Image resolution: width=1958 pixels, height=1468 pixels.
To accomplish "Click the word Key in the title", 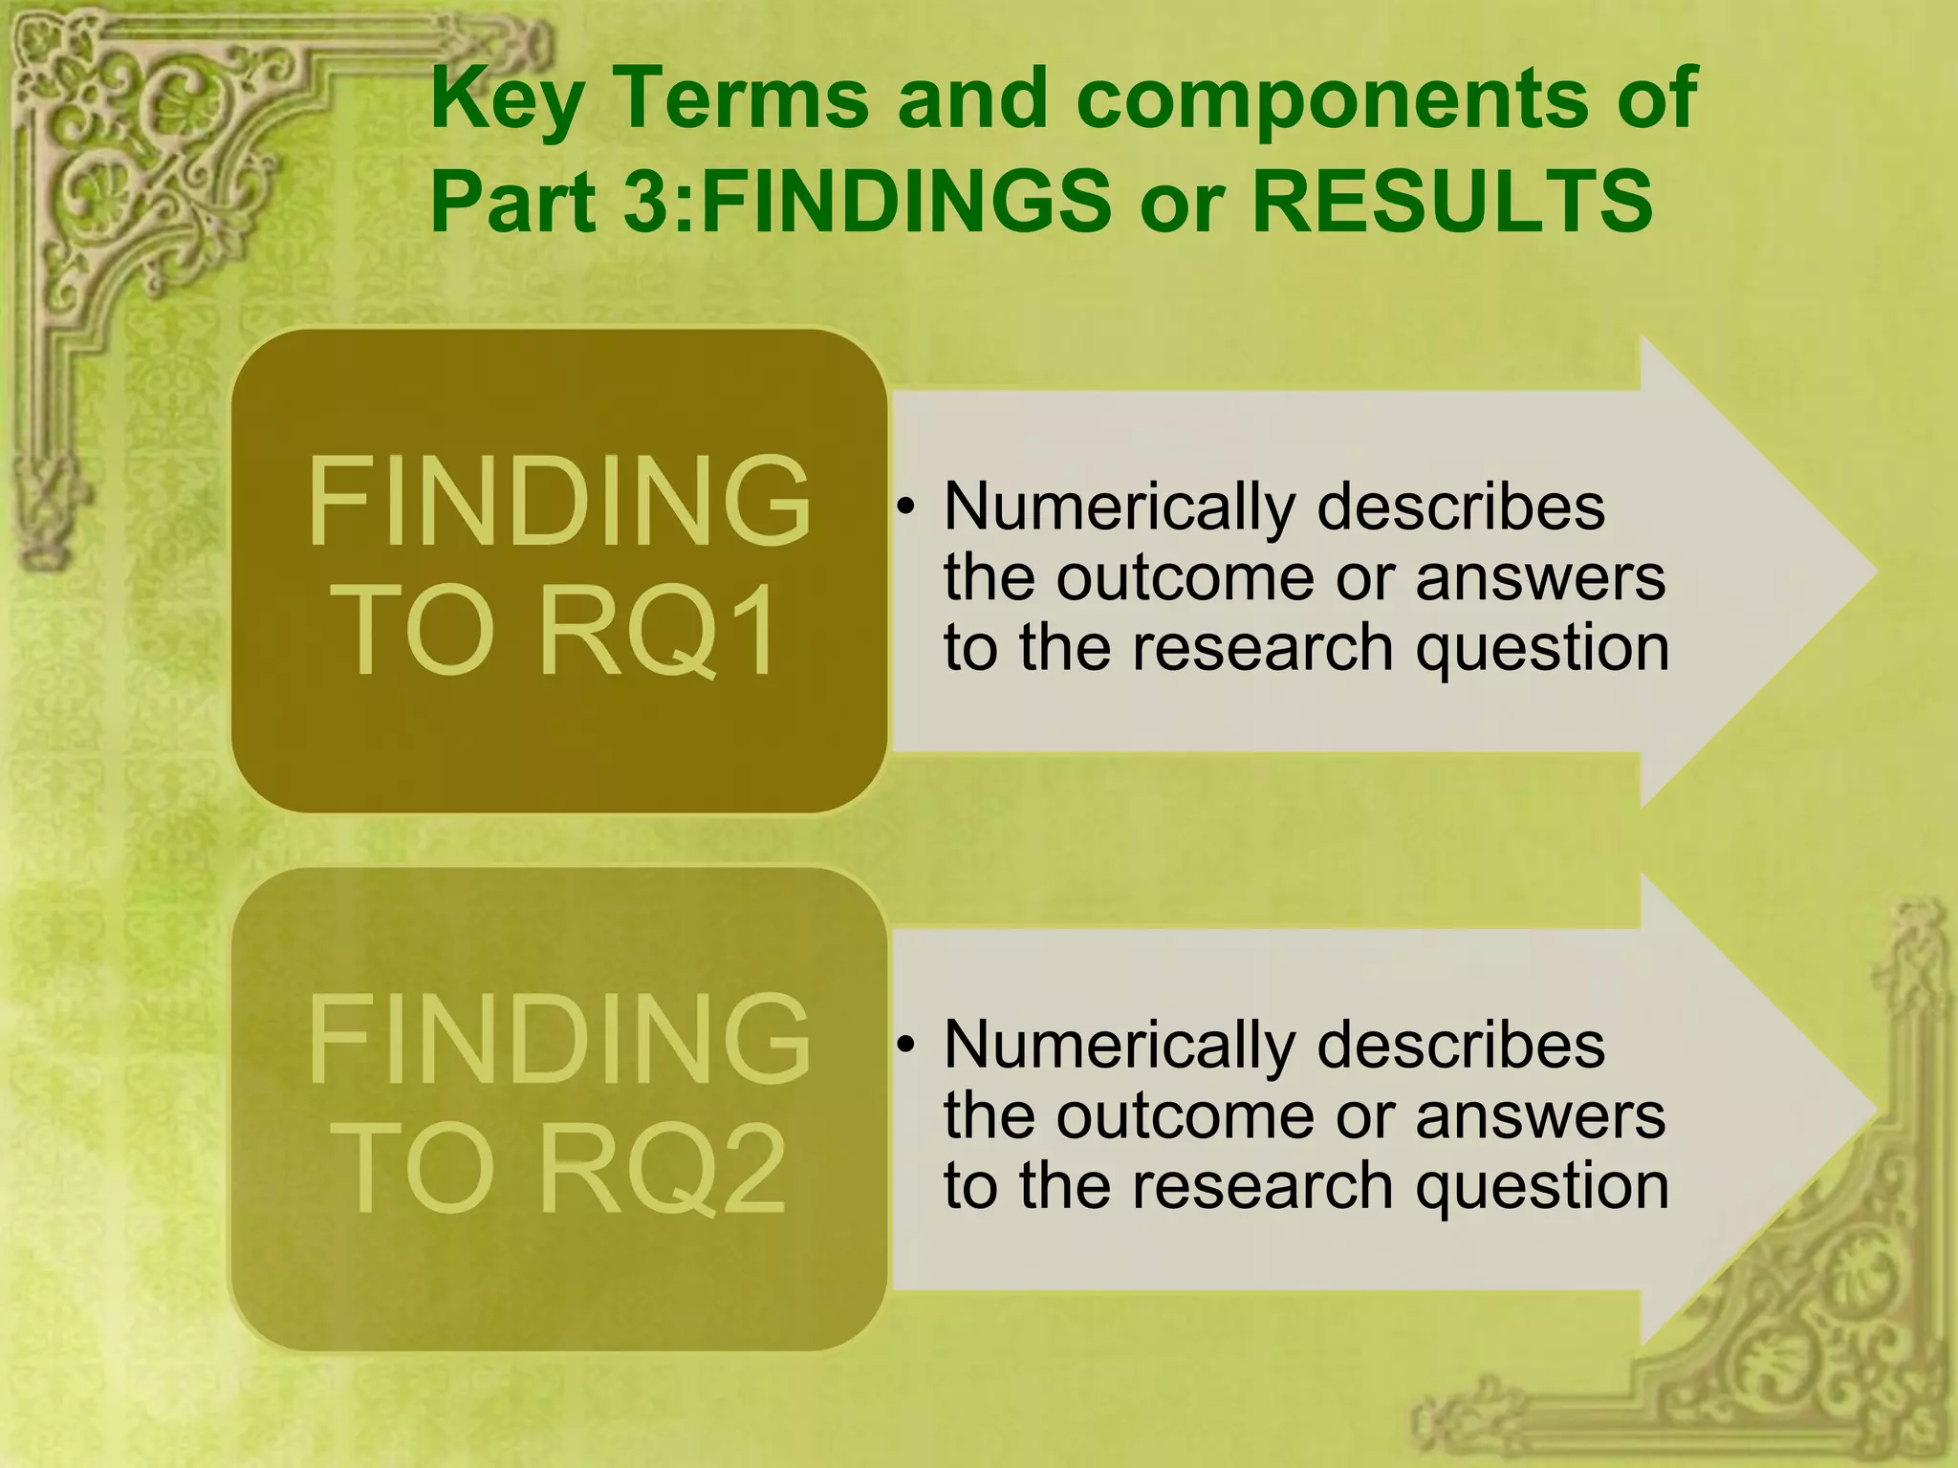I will click(507, 99).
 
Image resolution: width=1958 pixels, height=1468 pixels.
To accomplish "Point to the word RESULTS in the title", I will click(1452, 202).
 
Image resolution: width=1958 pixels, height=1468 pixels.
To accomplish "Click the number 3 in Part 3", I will click(648, 202).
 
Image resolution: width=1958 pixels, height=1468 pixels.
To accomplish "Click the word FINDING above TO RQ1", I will click(559, 502).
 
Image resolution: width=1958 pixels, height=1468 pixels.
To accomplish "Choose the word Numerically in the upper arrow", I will click(1119, 508).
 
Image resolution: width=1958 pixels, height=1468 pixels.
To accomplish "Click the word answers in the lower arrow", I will click(1540, 1116).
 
